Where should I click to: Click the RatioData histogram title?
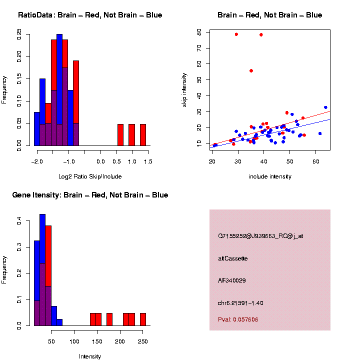point(90,15)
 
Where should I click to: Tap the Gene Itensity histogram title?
point(90,195)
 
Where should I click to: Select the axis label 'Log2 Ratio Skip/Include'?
point(90,176)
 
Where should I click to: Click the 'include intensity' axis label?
point(270,176)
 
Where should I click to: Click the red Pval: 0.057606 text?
point(238,319)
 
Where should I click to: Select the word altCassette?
point(232,258)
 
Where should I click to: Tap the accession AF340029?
point(231,280)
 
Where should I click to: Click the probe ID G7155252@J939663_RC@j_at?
point(260,236)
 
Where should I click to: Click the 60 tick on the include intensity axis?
point(316,161)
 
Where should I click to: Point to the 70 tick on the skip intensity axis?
point(199,48)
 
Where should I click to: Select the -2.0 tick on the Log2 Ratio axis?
point(36,161)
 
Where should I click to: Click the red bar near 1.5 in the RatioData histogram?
point(143,135)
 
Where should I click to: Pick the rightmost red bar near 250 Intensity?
point(143,319)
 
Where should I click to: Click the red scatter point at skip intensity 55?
point(251,70)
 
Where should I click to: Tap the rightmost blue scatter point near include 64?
point(325,107)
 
